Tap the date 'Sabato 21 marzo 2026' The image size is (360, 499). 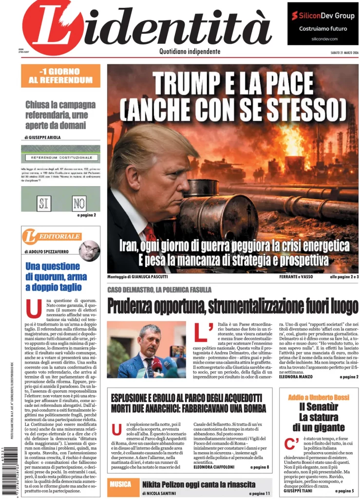tap(341, 53)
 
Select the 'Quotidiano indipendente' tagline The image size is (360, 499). tap(189, 52)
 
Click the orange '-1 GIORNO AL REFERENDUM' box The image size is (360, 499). tap(60, 76)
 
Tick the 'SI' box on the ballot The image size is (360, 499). tap(44, 202)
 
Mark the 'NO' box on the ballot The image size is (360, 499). tap(79, 202)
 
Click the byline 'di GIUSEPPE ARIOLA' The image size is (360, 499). tap(43, 137)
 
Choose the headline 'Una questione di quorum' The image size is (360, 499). tap(56, 277)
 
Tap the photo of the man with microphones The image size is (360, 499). tap(146, 349)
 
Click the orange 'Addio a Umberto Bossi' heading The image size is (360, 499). tap(319, 397)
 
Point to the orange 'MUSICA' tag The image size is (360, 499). tap(120, 484)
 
